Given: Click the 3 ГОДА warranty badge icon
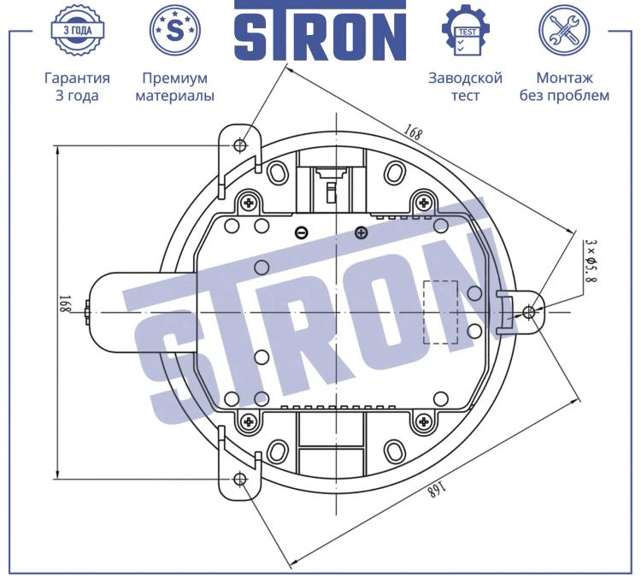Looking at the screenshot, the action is pyautogui.click(x=77, y=30).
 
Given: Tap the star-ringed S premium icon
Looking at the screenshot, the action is pyautogui.click(x=175, y=30).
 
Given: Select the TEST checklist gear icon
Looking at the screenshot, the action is pyautogui.click(x=466, y=30).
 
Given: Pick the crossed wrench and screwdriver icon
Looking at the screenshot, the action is pyautogui.click(x=564, y=30).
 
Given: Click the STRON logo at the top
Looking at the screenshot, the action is pyautogui.click(x=320, y=31).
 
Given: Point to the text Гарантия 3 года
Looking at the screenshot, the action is pyautogui.click(x=77, y=86).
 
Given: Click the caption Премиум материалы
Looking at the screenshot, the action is pyautogui.click(x=175, y=86).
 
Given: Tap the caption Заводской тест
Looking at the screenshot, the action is pyautogui.click(x=465, y=86).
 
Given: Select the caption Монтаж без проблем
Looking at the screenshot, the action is pyautogui.click(x=564, y=86).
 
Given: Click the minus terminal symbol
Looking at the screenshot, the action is pyautogui.click(x=302, y=233).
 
